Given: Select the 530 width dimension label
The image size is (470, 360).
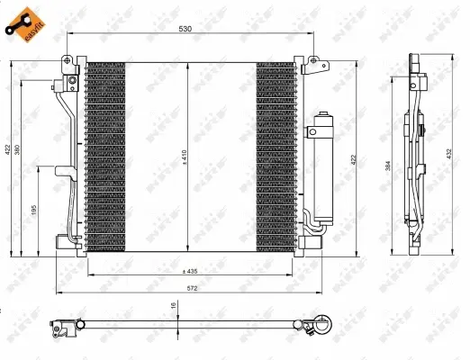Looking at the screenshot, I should click(x=185, y=29).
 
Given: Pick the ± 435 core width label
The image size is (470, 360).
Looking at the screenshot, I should click(x=190, y=271).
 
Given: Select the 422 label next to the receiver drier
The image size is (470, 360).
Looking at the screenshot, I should click(x=354, y=159).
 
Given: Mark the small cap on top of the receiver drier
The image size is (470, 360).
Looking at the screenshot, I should click(x=321, y=115).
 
